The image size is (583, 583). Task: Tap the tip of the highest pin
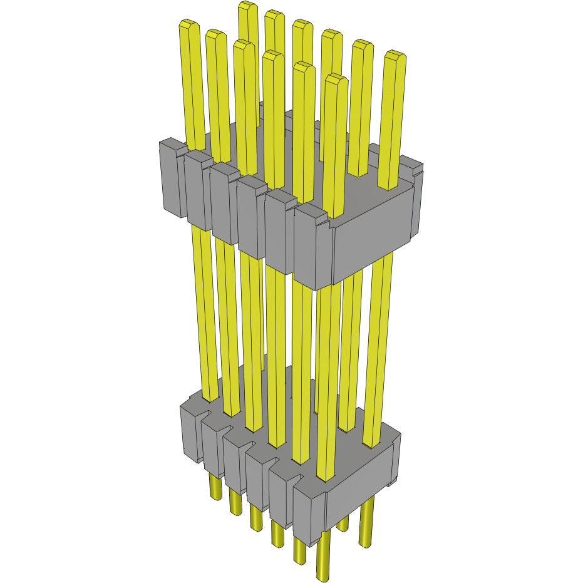click(248, 6)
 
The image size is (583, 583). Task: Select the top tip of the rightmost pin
click(395, 56)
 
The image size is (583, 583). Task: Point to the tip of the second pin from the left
click(215, 34)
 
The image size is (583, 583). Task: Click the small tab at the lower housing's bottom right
click(393, 482)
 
